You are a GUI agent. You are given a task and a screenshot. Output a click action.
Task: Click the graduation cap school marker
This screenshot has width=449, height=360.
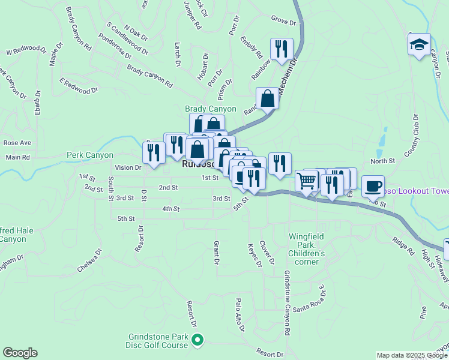pos(420,45)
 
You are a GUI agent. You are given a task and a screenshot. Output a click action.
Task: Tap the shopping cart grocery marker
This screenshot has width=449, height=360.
pos(307,181)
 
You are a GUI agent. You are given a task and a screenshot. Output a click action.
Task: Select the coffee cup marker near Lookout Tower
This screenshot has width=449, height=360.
pos(373,186)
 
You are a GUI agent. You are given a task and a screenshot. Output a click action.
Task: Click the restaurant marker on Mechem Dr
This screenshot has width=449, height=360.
pos(282,50)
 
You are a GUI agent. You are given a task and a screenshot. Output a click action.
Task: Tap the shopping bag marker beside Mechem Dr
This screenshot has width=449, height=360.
pos(267,98)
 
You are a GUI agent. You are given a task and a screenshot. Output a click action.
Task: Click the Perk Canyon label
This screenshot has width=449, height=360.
pos(90,155)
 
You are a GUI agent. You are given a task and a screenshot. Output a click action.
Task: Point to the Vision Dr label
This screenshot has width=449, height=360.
pos(128,168)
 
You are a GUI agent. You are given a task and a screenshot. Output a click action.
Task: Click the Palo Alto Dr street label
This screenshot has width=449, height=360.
pos(240,314)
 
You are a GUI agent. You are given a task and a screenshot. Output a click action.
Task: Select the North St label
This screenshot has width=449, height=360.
pos(382,161)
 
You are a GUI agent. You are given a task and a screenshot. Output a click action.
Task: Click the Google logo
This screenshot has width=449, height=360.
pos(20,353)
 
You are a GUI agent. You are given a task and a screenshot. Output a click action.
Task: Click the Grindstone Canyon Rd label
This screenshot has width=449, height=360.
pos(286,302)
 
